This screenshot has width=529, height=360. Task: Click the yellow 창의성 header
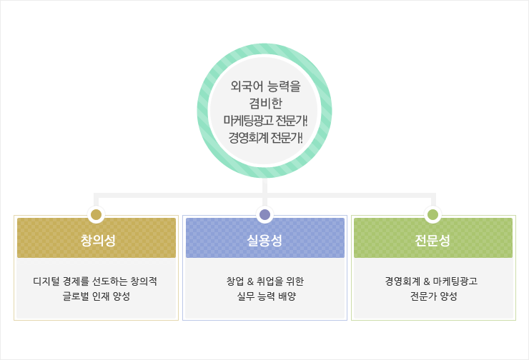(96, 239)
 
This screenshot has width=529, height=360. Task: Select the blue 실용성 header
(264, 239)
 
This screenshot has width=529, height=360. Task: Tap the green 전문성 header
(433, 239)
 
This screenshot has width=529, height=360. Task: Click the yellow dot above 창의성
(96, 214)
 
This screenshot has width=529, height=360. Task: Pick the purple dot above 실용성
(264, 214)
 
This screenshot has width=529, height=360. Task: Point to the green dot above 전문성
(432, 214)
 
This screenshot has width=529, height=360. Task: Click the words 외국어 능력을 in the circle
(264, 87)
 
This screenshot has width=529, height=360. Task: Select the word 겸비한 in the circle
(264, 104)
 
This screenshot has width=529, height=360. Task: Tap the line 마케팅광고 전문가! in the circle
(264, 120)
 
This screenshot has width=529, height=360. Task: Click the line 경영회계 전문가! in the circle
(264, 136)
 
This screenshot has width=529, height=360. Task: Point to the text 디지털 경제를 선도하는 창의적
(96, 281)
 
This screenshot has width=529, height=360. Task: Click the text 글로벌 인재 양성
(96, 296)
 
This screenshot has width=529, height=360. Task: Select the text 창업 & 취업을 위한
(264, 281)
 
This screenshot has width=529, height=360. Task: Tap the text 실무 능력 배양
(264, 296)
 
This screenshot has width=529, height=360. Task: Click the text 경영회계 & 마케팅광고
(433, 281)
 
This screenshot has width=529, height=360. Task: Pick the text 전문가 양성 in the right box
(433, 296)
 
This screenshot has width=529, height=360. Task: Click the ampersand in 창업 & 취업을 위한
(250, 281)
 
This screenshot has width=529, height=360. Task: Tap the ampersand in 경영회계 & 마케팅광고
(426, 281)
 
